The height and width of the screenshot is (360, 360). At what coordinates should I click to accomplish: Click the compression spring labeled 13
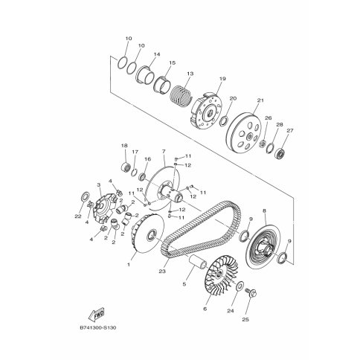(181, 95)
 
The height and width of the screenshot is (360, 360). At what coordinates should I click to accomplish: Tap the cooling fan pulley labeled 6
(221, 276)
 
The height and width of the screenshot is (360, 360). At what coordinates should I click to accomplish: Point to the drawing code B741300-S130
(98, 327)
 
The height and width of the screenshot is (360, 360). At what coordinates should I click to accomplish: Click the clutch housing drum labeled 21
(244, 132)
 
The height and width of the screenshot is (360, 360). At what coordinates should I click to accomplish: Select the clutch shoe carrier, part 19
(206, 111)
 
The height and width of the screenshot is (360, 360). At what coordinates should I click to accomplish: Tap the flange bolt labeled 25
(251, 294)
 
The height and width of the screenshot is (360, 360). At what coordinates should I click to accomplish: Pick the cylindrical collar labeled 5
(198, 263)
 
